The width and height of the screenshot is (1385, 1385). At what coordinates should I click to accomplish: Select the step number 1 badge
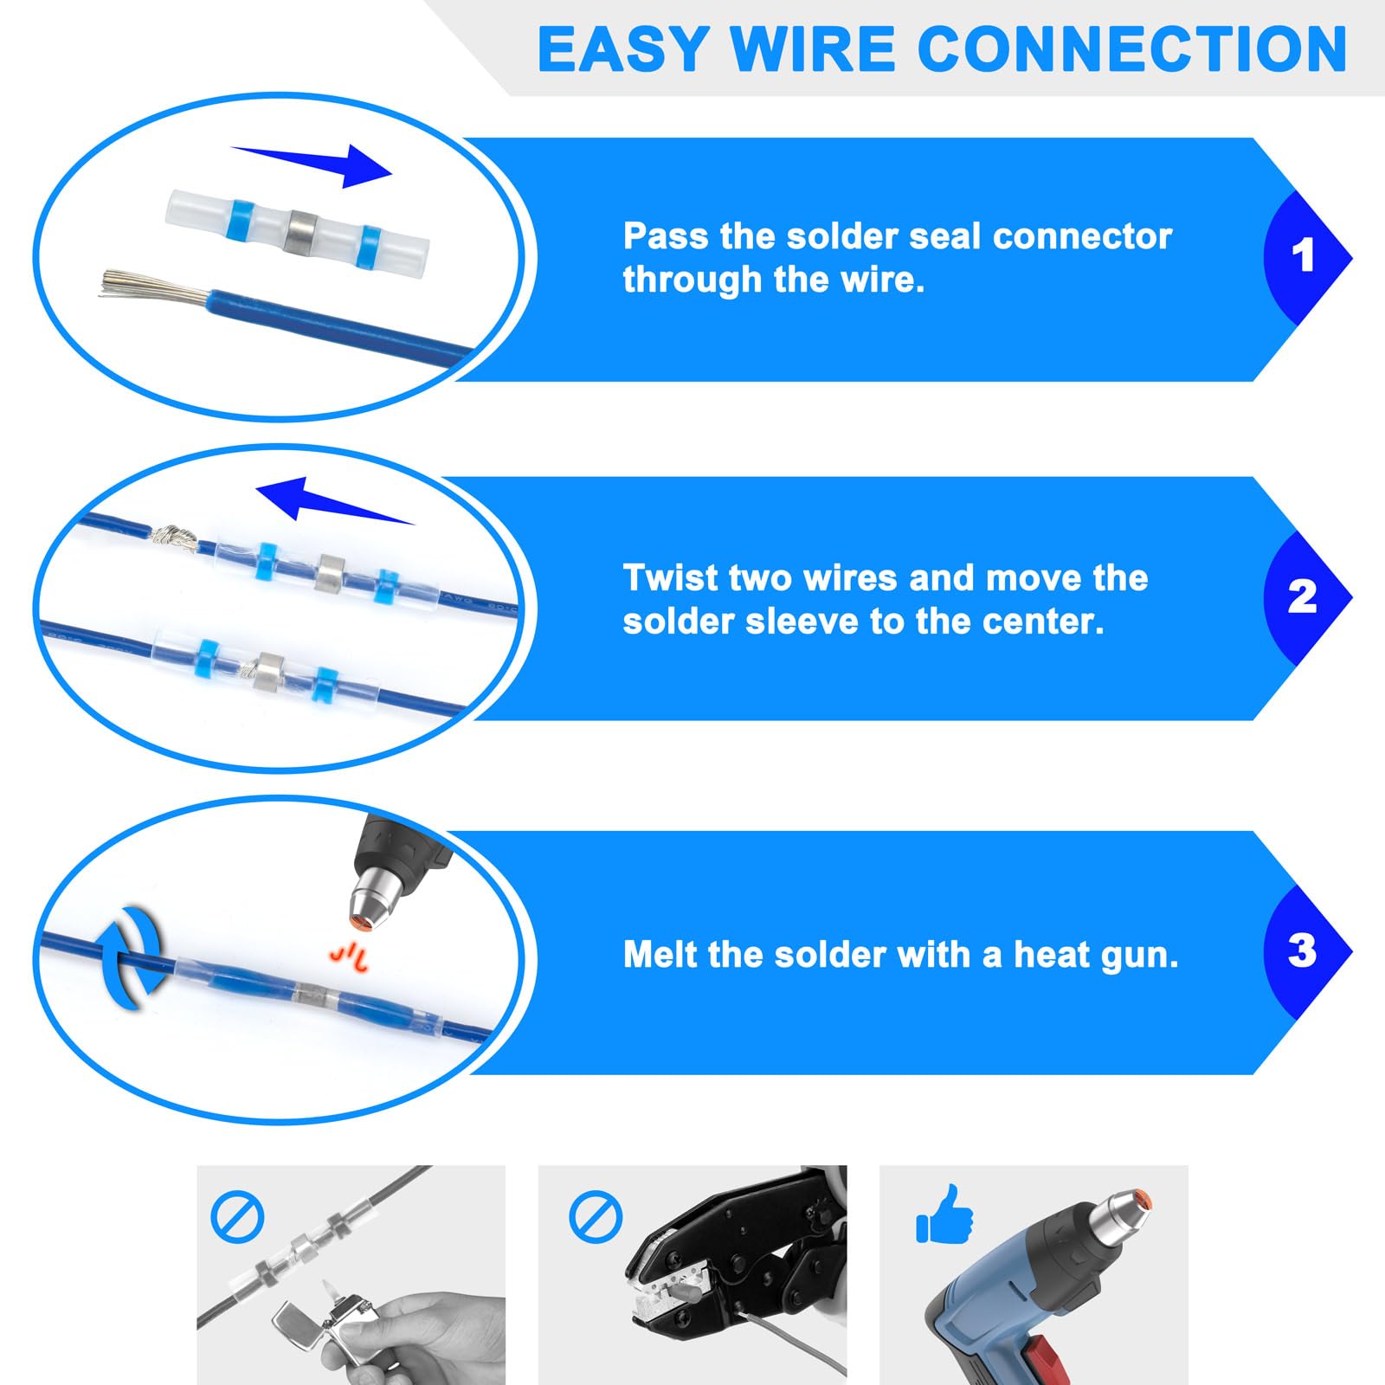point(1302,256)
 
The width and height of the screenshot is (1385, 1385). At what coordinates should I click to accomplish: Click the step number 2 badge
point(1302,597)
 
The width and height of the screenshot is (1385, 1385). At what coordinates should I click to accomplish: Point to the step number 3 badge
point(1302,951)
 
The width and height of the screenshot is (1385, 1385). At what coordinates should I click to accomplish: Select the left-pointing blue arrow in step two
point(325,501)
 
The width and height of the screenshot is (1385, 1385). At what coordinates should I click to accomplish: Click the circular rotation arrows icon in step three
point(132,957)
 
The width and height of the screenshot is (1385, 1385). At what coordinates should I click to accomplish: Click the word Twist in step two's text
point(669,578)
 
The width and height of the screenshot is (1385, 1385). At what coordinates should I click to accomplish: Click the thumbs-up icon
point(945,1216)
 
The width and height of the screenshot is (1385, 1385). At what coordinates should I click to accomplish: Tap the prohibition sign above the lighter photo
point(237,1217)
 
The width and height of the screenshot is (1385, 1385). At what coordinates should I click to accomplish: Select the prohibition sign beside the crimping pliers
point(596,1217)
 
